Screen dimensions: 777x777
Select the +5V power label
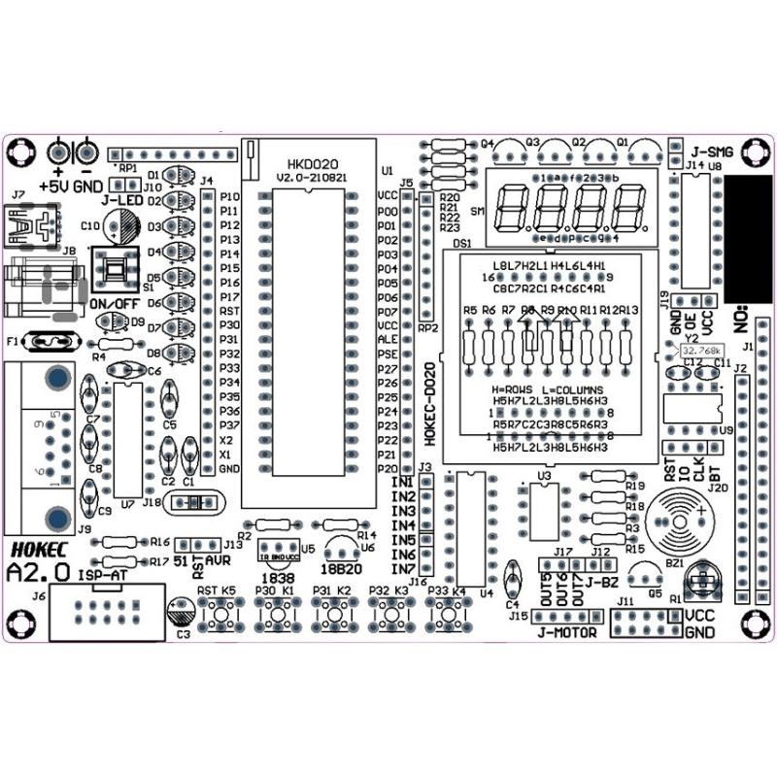pyautogui.click(x=54, y=185)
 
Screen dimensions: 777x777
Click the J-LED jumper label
pyautogui.click(x=123, y=200)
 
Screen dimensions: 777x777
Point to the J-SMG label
pyautogui.click(x=712, y=152)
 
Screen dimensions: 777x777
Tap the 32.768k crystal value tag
pyautogui.click(x=700, y=350)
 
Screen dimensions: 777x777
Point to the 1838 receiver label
pyautogui.click(x=279, y=578)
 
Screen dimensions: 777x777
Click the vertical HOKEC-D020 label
pyautogui.click(x=430, y=404)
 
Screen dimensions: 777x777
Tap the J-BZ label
pyautogui.click(x=602, y=582)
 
